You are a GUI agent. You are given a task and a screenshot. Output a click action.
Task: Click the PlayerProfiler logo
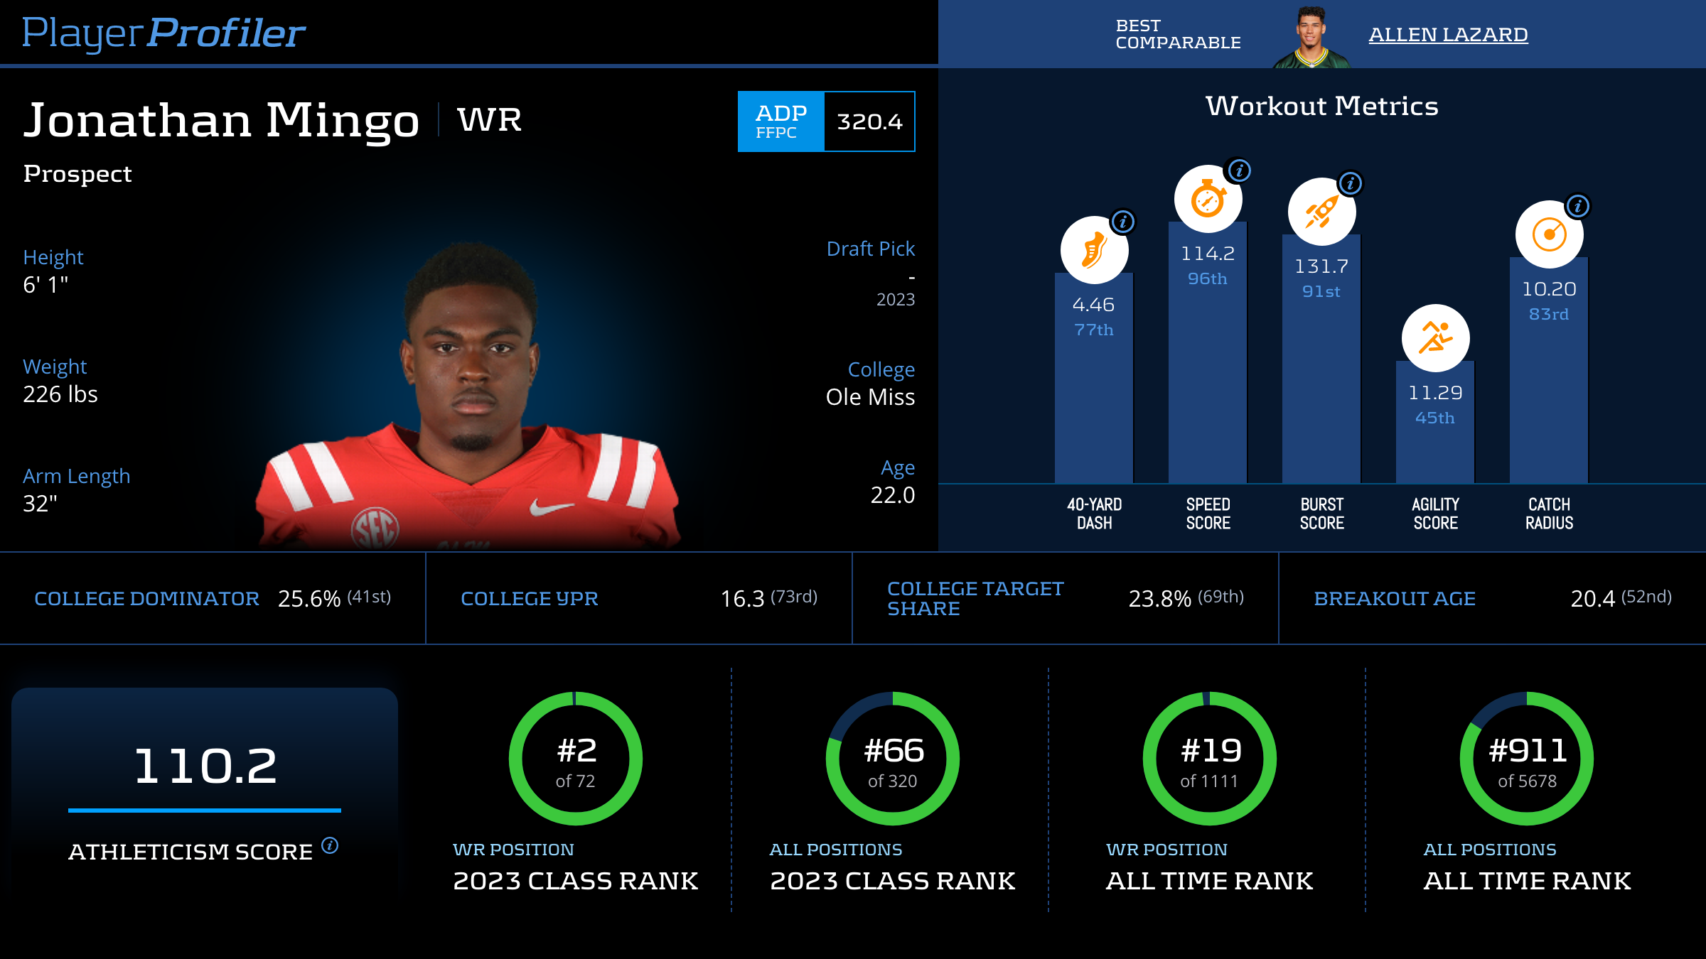(x=163, y=33)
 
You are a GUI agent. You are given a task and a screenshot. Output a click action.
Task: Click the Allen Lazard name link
(x=1448, y=34)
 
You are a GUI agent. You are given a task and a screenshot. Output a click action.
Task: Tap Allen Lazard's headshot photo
(x=1311, y=37)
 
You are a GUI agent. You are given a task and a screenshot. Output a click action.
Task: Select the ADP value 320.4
(x=869, y=121)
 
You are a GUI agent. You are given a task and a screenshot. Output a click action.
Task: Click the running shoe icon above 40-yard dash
(x=1094, y=250)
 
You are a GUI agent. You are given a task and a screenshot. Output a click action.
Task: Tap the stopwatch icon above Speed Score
(x=1208, y=199)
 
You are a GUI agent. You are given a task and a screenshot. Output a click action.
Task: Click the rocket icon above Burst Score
(x=1321, y=212)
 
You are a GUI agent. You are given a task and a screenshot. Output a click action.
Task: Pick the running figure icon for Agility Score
(x=1435, y=338)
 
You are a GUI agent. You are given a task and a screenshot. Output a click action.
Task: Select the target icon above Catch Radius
(x=1549, y=234)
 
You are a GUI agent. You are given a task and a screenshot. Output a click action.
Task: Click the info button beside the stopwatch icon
(x=1240, y=170)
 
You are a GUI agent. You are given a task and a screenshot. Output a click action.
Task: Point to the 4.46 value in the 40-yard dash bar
(x=1093, y=305)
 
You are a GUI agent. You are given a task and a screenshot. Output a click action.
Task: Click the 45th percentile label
(x=1434, y=418)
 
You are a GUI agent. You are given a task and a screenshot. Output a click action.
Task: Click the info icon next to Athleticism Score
(x=330, y=845)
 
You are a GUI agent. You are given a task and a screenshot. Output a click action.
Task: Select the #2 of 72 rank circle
(x=576, y=759)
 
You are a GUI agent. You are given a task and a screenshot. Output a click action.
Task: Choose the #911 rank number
(x=1528, y=751)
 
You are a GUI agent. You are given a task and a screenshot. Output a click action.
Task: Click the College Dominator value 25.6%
(x=309, y=599)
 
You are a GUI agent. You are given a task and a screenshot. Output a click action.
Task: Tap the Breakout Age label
(x=1395, y=599)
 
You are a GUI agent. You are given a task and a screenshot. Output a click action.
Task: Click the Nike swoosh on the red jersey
(x=551, y=507)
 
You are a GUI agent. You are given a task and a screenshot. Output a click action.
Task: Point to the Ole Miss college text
(x=870, y=397)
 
